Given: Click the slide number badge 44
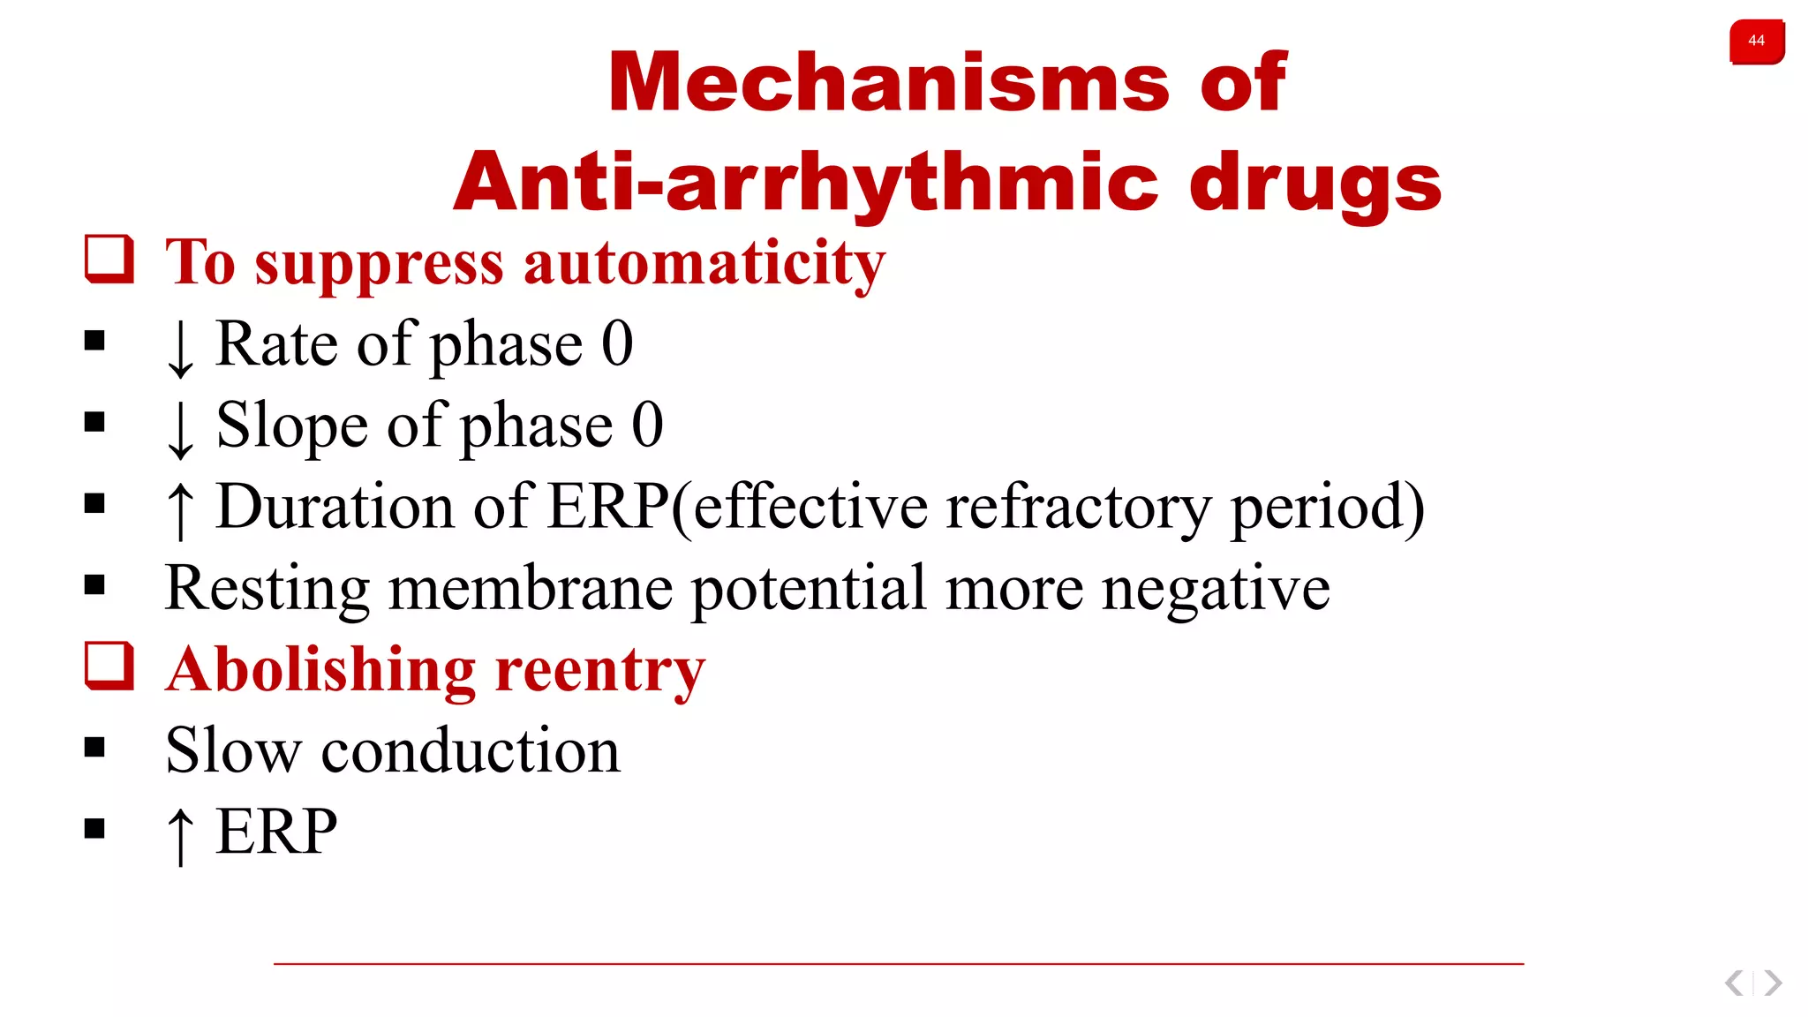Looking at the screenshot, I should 1756,41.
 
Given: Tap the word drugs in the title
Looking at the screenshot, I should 1315,183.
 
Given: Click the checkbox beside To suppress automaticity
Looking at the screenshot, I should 109,259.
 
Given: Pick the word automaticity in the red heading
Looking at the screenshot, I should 704,263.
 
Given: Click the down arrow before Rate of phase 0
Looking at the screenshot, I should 180,348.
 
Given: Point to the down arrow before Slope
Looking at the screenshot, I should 180,429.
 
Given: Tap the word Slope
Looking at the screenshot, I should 291,426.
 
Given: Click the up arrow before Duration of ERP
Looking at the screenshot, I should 180,510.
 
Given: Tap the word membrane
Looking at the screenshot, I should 530,589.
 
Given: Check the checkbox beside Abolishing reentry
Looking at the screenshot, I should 109,666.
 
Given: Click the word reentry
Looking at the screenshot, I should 600,671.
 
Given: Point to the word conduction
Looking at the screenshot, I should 471,751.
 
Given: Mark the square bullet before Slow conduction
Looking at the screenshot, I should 94,748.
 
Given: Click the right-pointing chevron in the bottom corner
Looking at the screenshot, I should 1773,983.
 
